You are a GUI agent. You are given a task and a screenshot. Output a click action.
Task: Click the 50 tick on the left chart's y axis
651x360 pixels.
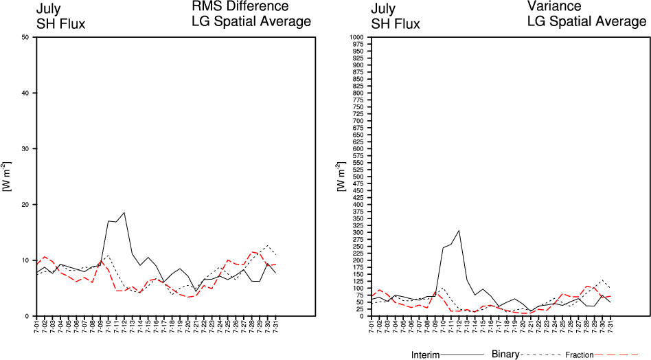coord(25,37)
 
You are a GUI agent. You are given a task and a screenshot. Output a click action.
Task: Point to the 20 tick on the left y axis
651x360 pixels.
coord(25,205)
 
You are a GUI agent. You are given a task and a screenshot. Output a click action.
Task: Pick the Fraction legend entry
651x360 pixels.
coord(579,355)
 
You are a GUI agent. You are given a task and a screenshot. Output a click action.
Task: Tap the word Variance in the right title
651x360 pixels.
coord(554,7)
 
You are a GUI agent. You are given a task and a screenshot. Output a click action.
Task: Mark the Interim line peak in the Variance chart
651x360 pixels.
coord(459,230)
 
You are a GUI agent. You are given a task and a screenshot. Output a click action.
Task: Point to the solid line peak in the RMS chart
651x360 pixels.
coord(124,212)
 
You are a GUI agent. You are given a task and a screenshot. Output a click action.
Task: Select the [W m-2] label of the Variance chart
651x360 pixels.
coord(340,178)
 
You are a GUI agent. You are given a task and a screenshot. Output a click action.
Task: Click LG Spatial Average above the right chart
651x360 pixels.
coord(586,22)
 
